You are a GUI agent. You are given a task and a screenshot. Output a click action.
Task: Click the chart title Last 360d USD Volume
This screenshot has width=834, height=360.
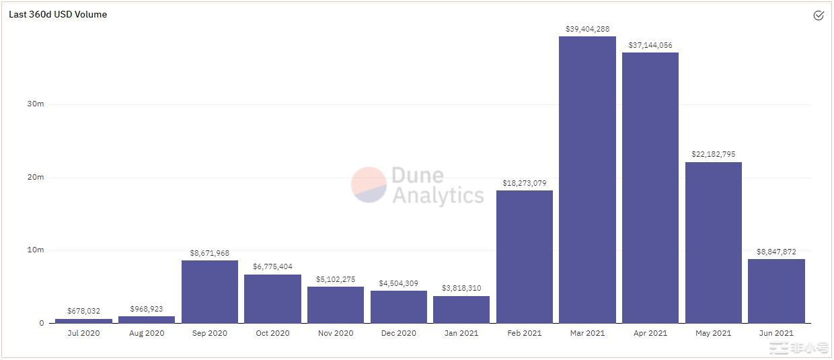[x=58, y=14]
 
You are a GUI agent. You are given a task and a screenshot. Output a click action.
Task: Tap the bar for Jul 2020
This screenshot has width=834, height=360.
[x=83, y=321]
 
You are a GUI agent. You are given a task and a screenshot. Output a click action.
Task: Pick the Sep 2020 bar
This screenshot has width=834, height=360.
[x=209, y=291]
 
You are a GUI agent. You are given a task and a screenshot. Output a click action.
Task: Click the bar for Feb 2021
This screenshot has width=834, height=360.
[x=524, y=256]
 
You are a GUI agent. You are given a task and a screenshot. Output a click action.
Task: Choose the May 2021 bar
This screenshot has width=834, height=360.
[x=713, y=242]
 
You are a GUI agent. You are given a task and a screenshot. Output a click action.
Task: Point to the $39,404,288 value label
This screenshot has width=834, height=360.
[x=587, y=29]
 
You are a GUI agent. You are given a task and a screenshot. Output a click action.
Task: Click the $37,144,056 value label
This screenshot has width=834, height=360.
[x=650, y=45]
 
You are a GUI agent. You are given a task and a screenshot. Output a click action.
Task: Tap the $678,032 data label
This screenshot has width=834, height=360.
[x=83, y=311]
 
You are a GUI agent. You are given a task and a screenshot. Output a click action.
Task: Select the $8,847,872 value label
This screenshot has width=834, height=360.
[x=776, y=252]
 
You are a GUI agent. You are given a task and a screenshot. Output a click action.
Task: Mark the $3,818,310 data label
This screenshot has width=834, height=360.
[x=461, y=288]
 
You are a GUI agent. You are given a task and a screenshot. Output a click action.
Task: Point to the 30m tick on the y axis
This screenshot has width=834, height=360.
[x=36, y=104]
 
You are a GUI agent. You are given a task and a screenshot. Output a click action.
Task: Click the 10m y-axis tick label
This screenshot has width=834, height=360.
[x=36, y=250]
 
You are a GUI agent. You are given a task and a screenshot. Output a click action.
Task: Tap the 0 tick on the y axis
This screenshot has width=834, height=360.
[x=41, y=323]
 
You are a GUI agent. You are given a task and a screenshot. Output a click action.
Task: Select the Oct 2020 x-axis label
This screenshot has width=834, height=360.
[x=272, y=333]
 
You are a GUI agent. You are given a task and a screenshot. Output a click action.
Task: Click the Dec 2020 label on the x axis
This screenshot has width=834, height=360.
[x=398, y=333]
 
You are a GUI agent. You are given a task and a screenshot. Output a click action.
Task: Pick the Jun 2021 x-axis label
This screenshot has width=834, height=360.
[x=776, y=333]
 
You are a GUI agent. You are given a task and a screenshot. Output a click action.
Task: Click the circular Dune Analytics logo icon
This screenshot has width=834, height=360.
[x=369, y=185]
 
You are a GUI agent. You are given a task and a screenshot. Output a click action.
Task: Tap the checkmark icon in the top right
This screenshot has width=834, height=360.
[x=819, y=15]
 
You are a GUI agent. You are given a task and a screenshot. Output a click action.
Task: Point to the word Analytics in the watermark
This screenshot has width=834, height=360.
[x=438, y=195]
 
